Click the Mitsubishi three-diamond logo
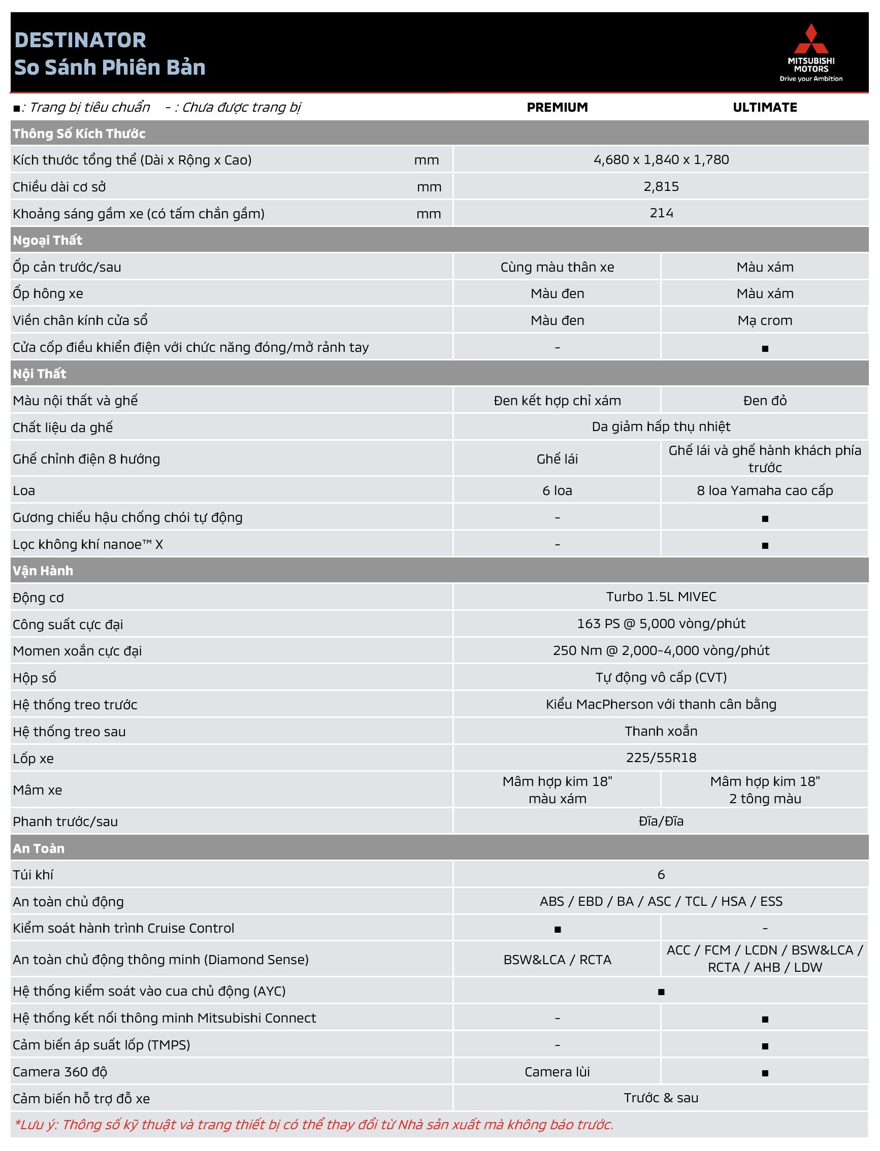pyautogui.click(x=811, y=39)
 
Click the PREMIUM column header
pyautogui.click(x=557, y=107)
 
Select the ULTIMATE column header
pyautogui.click(x=764, y=107)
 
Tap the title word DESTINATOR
pyautogui.click(x=80, y=40)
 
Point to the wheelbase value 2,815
pyautogui.click(x=661, y=186)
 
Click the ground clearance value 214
pyautogui.click(x=661, y=213)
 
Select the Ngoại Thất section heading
pyautogui.click(x=48, y=240)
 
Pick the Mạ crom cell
pyautogui.click(x=764, y=320)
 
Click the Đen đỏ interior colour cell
pyautogui.click(x=764, y=401)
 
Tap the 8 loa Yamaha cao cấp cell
pyautogui.click(x=764, y=490)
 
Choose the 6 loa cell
pyautogui.click(x=557, y=490)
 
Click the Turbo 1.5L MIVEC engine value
pyautogui.click(x=661, y=597)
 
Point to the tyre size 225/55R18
pyautogui.click(x=661, y=758)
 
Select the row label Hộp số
pyautogui.click(x=35, y=678)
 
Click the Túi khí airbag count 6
pyautogui.click(x=661, y=874)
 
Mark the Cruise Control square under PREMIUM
pyautogui.click(x=558, y=930)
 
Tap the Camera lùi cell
pyautogui.click(x=557, y=1072)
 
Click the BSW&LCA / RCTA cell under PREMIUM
pyautogui.click(x=557, y=960)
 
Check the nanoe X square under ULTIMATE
pyautogui.click(x=765, y=546)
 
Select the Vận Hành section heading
pyautogui.click(x=43, y=571)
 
